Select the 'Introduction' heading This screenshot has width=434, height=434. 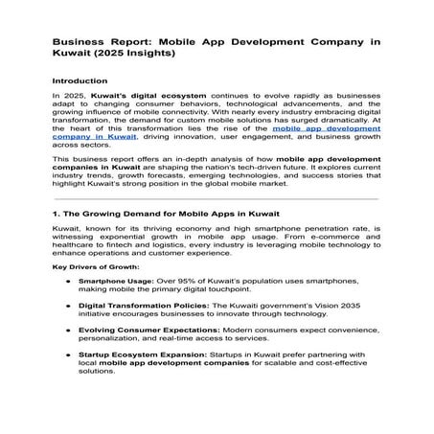[81, 81]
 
